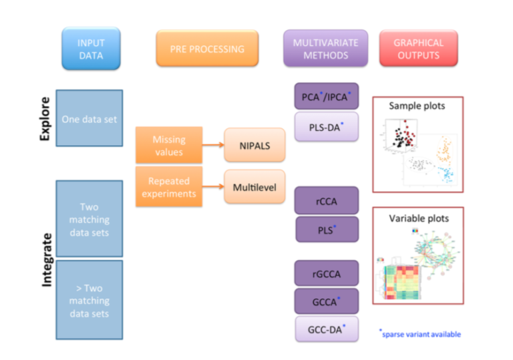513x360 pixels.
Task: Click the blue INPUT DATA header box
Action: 91,49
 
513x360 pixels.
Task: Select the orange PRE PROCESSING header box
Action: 206,49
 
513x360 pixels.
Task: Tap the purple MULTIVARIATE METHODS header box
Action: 325,48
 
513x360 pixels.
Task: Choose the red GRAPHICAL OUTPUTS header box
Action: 417,48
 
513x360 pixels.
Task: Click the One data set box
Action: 89,119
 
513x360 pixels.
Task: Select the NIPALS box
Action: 250,145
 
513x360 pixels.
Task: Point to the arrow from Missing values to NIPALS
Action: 212,145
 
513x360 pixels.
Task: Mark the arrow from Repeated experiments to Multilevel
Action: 212,186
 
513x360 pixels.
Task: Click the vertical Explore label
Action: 45,119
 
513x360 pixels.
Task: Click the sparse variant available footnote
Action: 420,333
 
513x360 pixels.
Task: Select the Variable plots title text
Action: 418,218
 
